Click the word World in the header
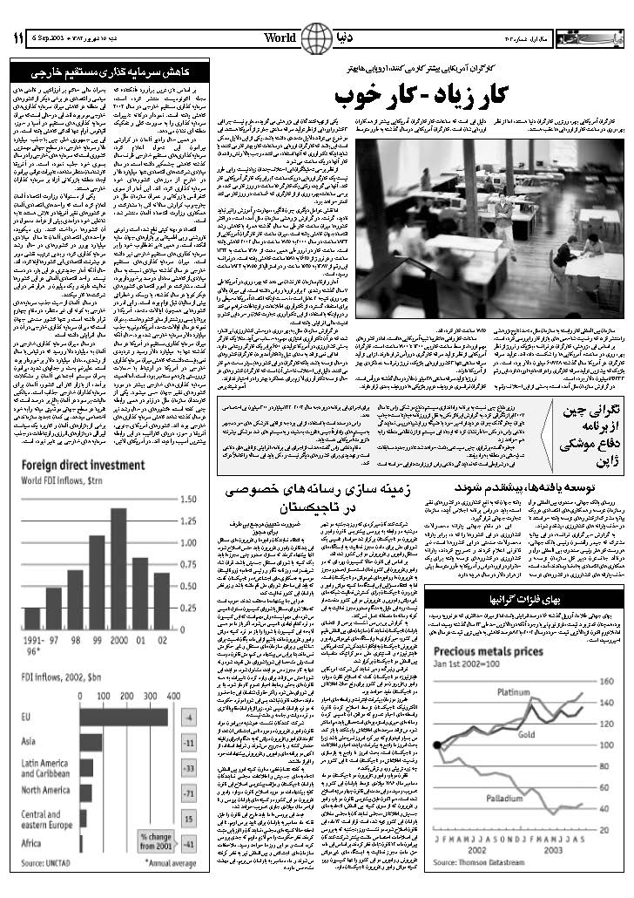tap(280, 38)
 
